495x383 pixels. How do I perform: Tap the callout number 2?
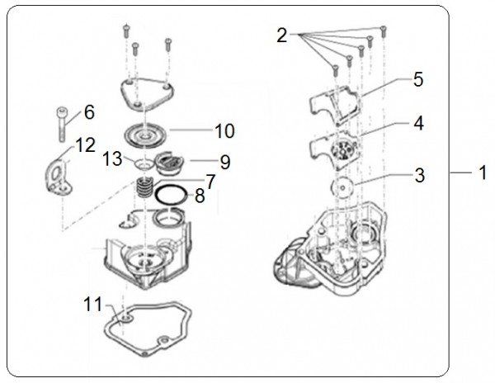(x=282, y=35)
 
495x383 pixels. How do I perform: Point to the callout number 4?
(x=420, y=125)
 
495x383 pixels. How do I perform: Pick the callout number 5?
(x=418, y=80)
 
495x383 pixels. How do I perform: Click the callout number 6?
(x=88, y=111)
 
